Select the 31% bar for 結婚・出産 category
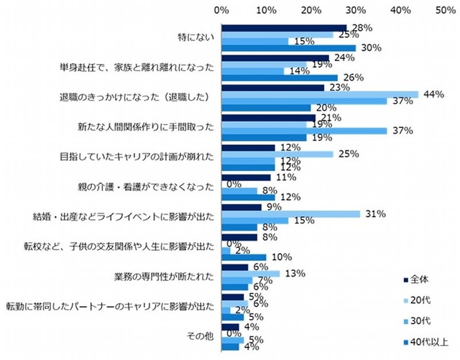click(291, 214)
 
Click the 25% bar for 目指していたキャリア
click(277, 154)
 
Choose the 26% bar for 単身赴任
click(280, 78)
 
